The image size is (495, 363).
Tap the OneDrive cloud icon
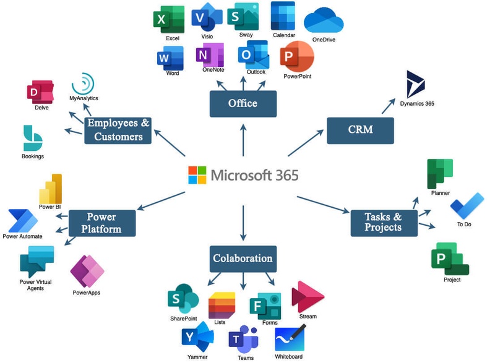[x=324, y=20]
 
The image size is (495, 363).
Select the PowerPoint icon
[x=296, y=57]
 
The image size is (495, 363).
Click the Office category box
[x=243, y=103]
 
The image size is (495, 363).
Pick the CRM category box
[x=360, y=130]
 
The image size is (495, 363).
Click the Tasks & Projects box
[x=384, y=222]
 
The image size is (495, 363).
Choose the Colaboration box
[x=243, y=258]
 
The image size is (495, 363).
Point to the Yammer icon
[x=197, y=338]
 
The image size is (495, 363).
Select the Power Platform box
[x=101, y=223]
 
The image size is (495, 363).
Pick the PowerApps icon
[x=87, y=271]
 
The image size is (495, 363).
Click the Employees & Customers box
[x=118, y=129]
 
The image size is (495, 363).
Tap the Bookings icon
[x=32, y=138]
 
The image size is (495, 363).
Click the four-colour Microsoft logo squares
[x=197, y=175]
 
